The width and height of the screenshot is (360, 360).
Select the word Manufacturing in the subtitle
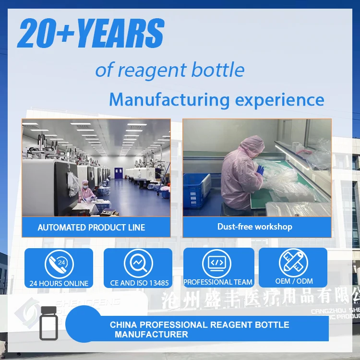(169, 100)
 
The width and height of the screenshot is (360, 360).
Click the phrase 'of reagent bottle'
(169, 70)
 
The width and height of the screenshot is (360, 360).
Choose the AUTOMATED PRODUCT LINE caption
(91, 228)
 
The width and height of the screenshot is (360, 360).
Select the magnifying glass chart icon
(138, 264)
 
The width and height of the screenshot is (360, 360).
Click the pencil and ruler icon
(293, 263)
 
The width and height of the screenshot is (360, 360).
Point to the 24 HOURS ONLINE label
(59, 283)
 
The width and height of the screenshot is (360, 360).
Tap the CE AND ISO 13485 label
(139, 283)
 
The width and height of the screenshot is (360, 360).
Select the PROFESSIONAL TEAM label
(218, 283)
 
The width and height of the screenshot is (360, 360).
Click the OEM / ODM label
(294, 281)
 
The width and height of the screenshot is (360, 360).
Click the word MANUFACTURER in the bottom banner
(151, 335)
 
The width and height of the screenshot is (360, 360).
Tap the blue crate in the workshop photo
(197, 190)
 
